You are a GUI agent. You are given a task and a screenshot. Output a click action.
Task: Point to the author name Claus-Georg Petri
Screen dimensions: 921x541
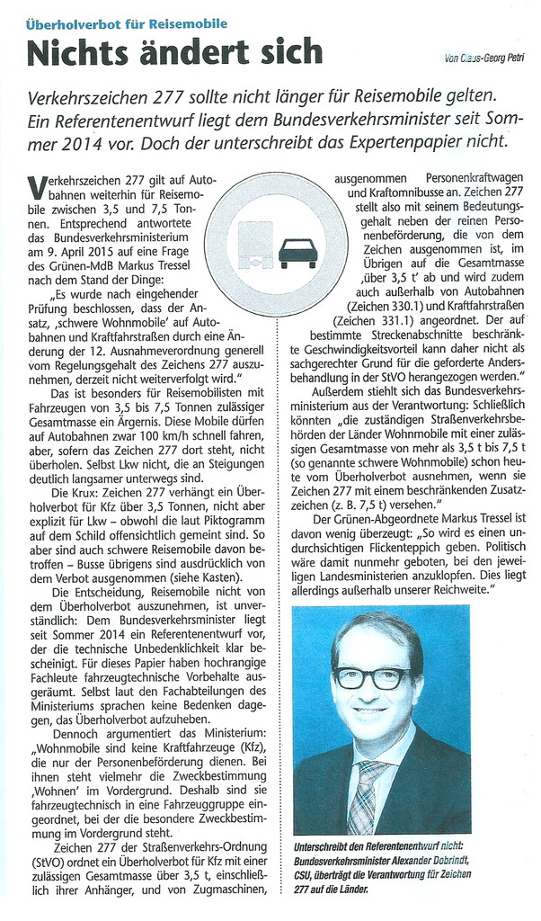coord(486,59)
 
